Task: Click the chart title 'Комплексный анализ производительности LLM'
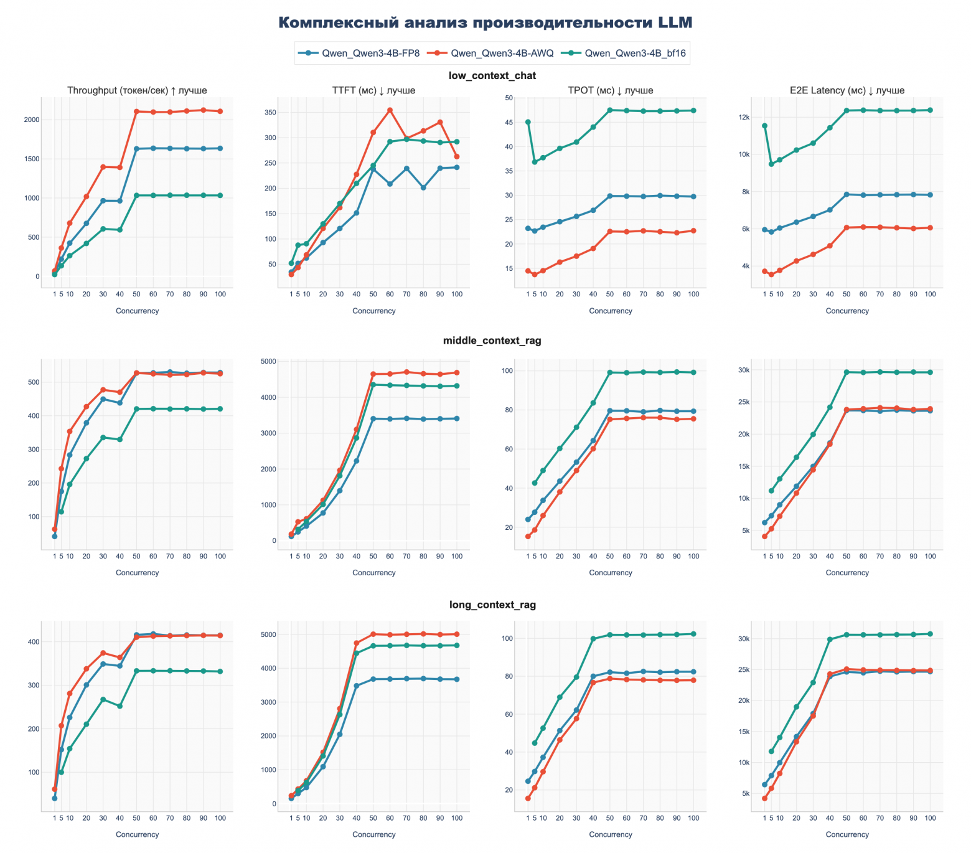pos(485,23)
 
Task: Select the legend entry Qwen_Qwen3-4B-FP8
pos(370,54)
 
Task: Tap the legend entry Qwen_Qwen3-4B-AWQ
pos(502,54)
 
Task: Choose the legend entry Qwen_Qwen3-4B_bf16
pos(635,54)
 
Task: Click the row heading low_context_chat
pos(492,76)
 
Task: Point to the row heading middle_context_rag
pos(492,341)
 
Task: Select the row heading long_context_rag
pos(492,605)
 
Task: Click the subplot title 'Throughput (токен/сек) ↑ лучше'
pos(137,91)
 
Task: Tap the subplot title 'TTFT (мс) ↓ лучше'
pos(373,91)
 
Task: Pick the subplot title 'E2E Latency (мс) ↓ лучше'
pos(847,91)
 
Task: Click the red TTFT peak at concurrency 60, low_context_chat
pos(390,110)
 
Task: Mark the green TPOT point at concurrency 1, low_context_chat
pos(528,122)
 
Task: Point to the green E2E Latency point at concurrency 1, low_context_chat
pos(764,126)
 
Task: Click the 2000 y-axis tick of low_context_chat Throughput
pos(31,120)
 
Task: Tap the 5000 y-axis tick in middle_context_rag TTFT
pos(268,362)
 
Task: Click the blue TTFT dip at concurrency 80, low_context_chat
pos(423,187)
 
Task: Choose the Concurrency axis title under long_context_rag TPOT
pos(610,834)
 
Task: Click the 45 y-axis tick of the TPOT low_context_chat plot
pos(509,123)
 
